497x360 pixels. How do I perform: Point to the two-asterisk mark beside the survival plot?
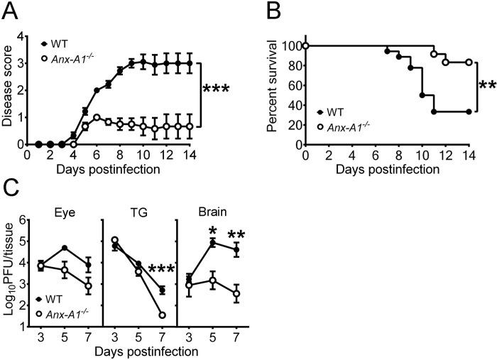coord(486,87)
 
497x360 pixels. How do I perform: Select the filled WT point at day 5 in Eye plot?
coord(65,248)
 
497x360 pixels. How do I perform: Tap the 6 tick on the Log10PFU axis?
coord(25,221)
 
